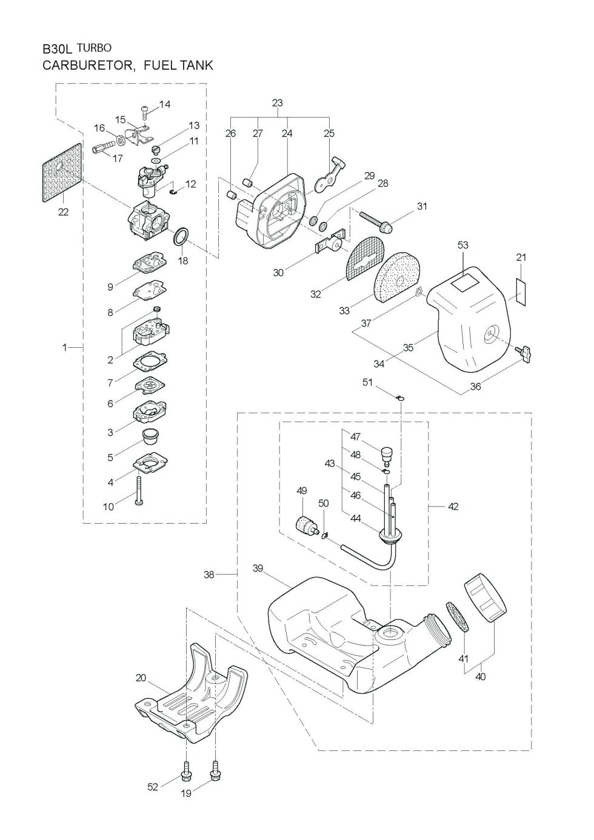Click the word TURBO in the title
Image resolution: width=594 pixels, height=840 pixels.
[94, 48]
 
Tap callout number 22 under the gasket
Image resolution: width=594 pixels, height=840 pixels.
[64, 212]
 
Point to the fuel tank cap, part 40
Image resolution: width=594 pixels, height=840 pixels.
[485, 604]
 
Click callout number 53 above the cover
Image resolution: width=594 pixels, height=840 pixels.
[463, 245]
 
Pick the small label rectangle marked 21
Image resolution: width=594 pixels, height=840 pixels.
[521, 292]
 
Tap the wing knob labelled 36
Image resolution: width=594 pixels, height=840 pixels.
[524, 353]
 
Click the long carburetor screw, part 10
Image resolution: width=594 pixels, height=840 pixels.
[139, 490]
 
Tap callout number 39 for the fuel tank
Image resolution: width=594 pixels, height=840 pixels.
[258, 568]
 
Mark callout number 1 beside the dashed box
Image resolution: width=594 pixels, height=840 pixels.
[64, 348]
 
